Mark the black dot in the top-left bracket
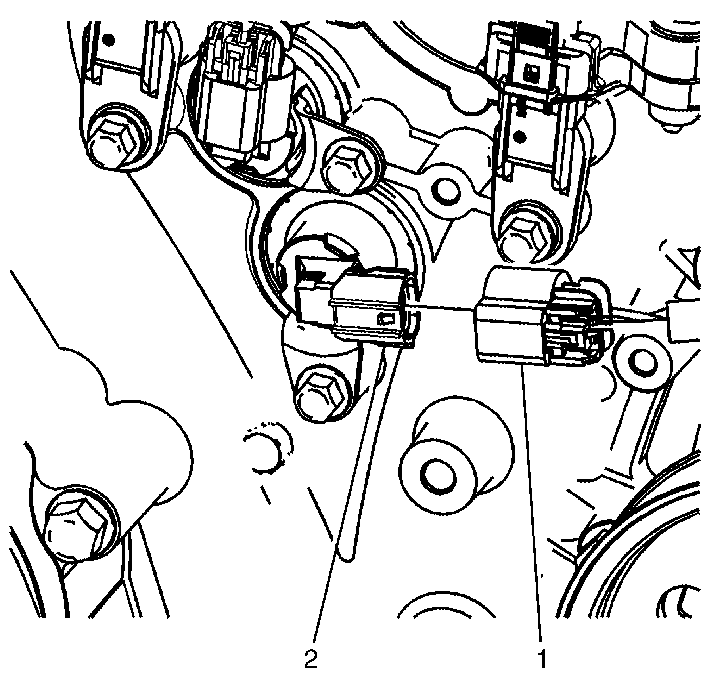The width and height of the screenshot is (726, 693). tap(110, 40)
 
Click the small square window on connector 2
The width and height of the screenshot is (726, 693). tap(385, 317)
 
